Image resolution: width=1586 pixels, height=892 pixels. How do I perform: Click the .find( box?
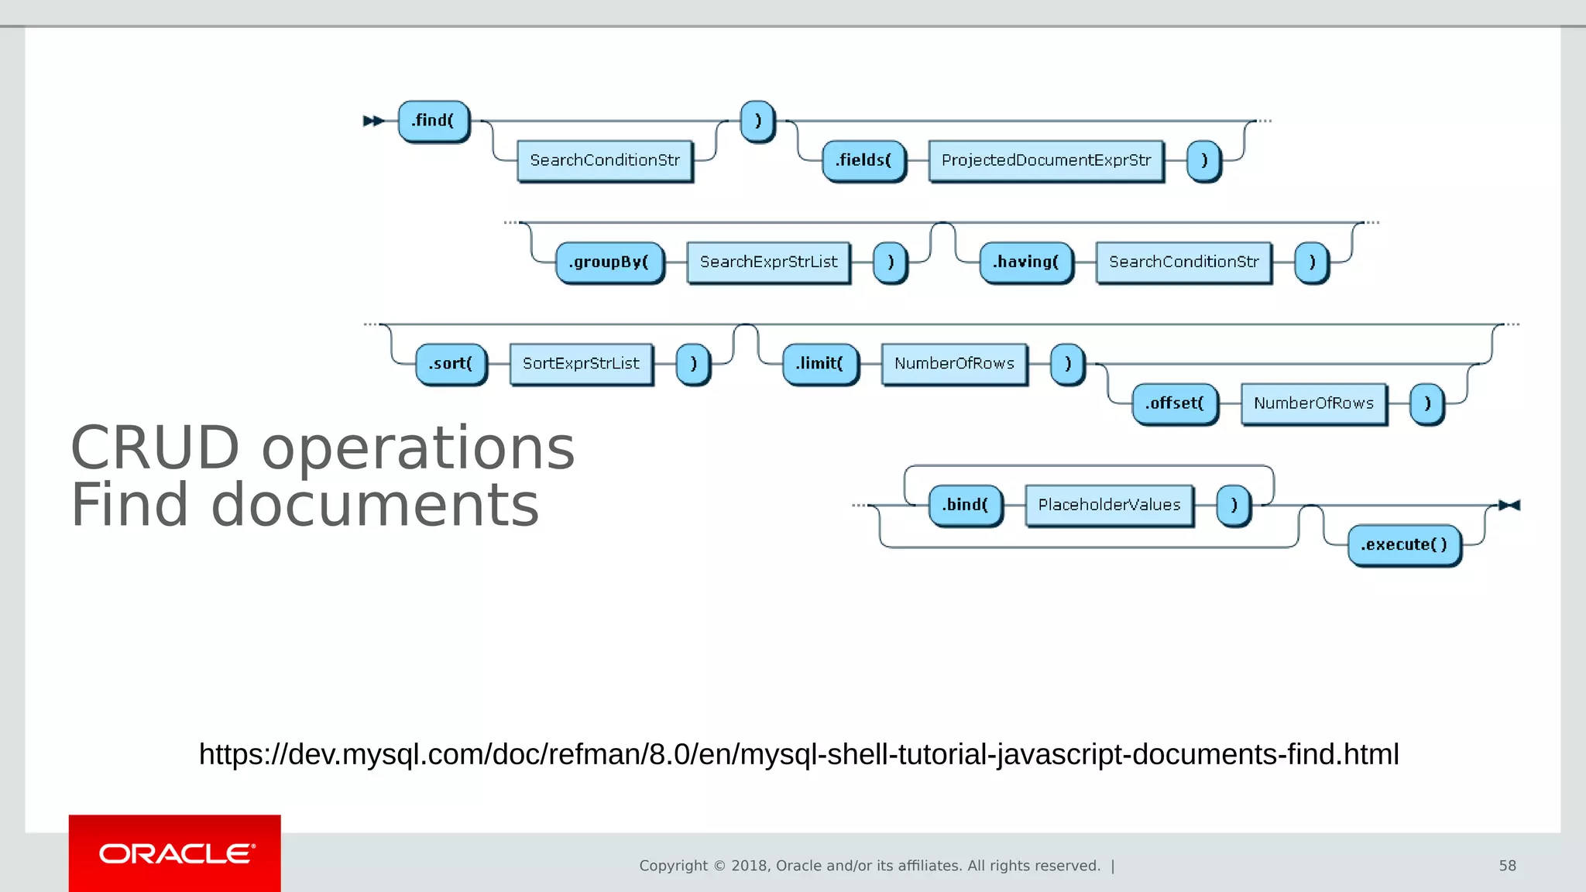[433, 121]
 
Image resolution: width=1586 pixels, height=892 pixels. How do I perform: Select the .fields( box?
[863, 160]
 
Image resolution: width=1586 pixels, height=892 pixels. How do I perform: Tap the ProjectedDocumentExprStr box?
[1045, 160]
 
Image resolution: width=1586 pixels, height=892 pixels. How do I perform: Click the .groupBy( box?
[609, 262]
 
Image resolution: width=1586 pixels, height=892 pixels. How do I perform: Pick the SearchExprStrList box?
[768, 262]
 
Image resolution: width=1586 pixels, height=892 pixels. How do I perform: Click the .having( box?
[1026, 262]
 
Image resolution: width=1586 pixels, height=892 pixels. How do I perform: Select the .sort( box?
[451, 363]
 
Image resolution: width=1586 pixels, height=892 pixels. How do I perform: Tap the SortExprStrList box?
[581, 363]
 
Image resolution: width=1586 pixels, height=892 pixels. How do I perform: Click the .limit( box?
[819, 363]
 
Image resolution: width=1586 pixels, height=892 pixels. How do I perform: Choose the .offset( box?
[1175, 403]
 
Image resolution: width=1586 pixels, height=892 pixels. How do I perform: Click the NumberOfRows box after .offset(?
[1313, 403]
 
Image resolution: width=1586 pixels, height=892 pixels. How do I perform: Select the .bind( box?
[965, 505]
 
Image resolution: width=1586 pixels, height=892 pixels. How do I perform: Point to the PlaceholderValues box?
[1109, 505]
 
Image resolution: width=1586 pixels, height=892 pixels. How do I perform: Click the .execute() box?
[1404, 545]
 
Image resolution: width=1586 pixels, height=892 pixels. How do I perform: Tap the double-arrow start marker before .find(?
[373, 121]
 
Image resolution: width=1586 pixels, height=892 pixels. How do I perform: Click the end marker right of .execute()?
[1509, 505]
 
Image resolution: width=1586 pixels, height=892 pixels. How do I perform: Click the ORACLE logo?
[175, 853]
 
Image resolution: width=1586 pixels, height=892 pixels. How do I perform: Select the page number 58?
[1507, 866]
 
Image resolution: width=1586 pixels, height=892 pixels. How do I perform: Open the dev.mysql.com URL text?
[798, 754]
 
